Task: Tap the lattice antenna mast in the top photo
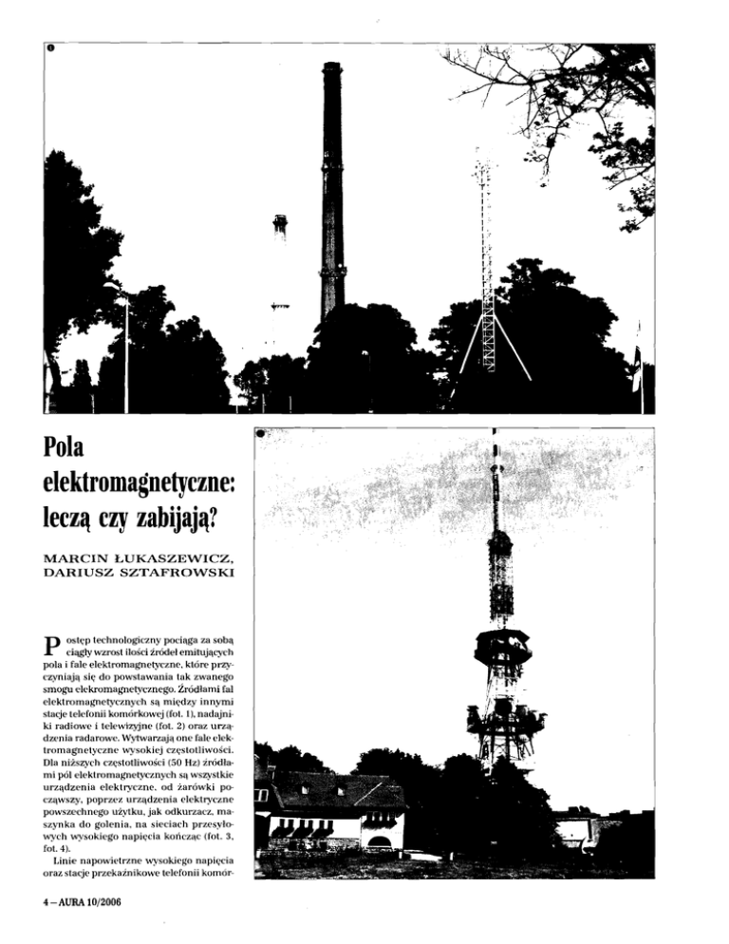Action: point(487,266)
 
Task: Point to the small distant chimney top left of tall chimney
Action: point(280,224)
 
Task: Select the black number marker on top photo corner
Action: point(50,47)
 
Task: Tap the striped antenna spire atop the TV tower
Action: point(495,475)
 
